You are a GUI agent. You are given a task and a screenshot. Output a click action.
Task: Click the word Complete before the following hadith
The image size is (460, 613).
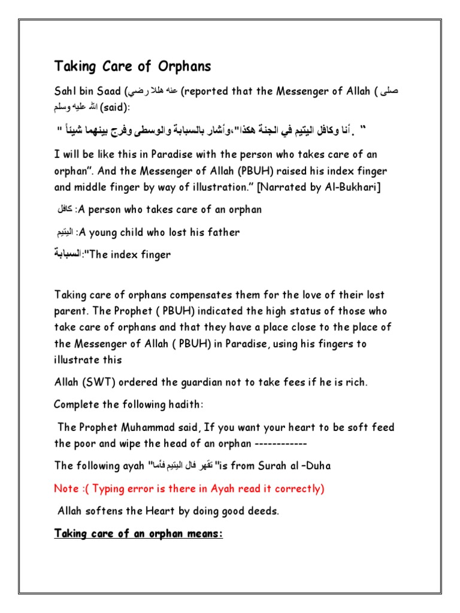click(x=76, y=404)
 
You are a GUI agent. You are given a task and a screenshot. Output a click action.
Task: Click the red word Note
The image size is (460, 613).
click(x=66, y=488)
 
